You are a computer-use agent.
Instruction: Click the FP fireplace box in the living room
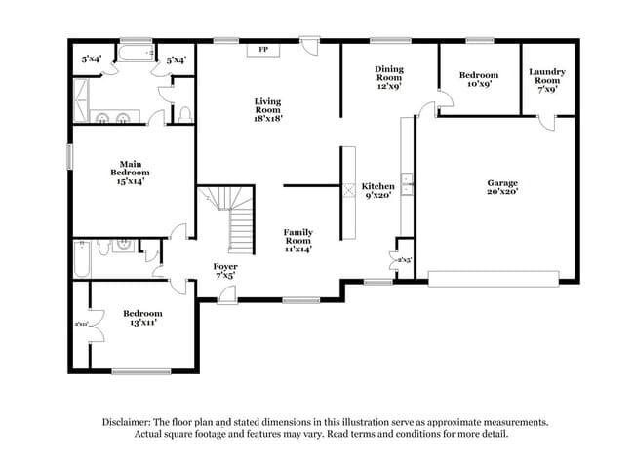click(262, 49)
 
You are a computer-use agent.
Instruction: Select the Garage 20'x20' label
click(502, 187)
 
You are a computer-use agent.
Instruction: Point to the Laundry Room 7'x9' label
click(547, 79)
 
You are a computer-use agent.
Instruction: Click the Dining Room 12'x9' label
click(389, 75)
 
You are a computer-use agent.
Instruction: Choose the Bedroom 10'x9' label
click(479, 79)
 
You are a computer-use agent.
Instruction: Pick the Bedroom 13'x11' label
click(142, 318)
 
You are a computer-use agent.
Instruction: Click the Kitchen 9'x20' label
click(377, 191)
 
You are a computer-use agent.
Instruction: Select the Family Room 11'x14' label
click(297, 239)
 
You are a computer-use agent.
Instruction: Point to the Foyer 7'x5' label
click(225, 271)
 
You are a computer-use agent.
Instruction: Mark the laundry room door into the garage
click(548, 121)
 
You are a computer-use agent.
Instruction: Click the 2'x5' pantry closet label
click(404, 261)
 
